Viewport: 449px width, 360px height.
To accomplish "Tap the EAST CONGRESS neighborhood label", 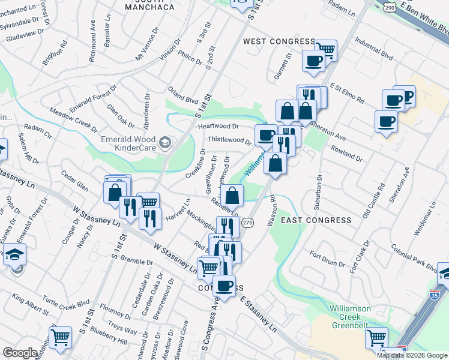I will [x=316, y=220].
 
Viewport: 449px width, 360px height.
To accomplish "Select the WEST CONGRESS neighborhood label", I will [x=279, y=41].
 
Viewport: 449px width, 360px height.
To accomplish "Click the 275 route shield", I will [x=247, y=223].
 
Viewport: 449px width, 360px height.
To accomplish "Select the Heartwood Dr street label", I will [x=218, y=127].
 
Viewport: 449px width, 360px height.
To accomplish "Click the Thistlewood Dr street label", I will [x=229, y=140].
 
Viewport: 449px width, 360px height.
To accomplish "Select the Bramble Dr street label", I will [x=136, y=261].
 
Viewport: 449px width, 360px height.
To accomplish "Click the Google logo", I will [x=19, y=353].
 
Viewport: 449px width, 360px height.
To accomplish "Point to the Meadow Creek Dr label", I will [x=73, y=121].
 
